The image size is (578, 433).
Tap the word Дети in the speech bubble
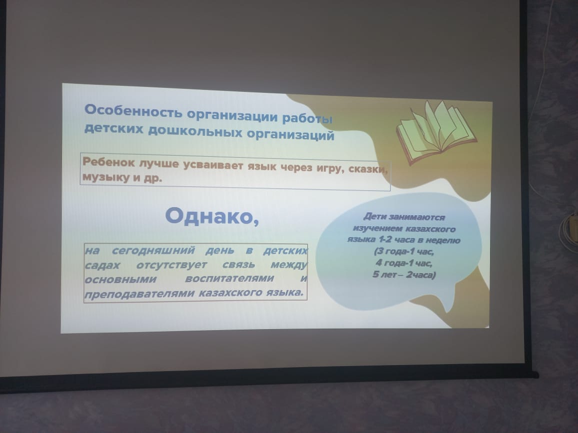[x=374, y=217]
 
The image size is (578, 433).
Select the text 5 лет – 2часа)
[x=404, y=275]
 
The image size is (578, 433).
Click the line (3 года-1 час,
[x=404, y=252]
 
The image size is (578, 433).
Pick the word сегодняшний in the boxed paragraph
[x=153, y=251]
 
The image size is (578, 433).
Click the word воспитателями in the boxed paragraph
[x=229, y=279]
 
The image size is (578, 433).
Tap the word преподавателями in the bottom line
[x=139, y=294]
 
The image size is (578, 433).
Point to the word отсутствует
[x=171, y=265]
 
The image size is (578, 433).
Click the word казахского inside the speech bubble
[x=430, y=229]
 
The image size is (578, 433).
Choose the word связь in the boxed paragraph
[x=238, y=265]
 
